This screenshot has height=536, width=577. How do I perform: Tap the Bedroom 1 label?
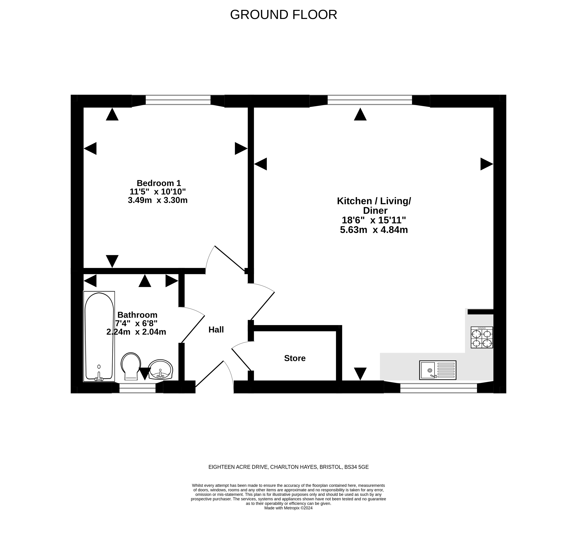tap(159, 183)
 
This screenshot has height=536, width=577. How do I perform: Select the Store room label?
tap(295, 358)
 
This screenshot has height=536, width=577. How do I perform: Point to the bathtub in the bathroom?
tap(99, 336)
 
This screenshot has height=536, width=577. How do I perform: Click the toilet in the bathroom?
tap(131, 366)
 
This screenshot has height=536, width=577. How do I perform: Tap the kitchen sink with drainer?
tap(438, 370)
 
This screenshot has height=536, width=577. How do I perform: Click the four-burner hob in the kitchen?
tap(482, 337)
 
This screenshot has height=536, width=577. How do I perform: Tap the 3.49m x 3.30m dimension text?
tap(158, 200)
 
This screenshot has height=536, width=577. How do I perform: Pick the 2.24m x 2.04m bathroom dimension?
tap(136, 332)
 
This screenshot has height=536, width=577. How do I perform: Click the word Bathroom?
tap(137, 315)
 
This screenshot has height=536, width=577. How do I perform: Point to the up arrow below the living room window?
tap(360, 114)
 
